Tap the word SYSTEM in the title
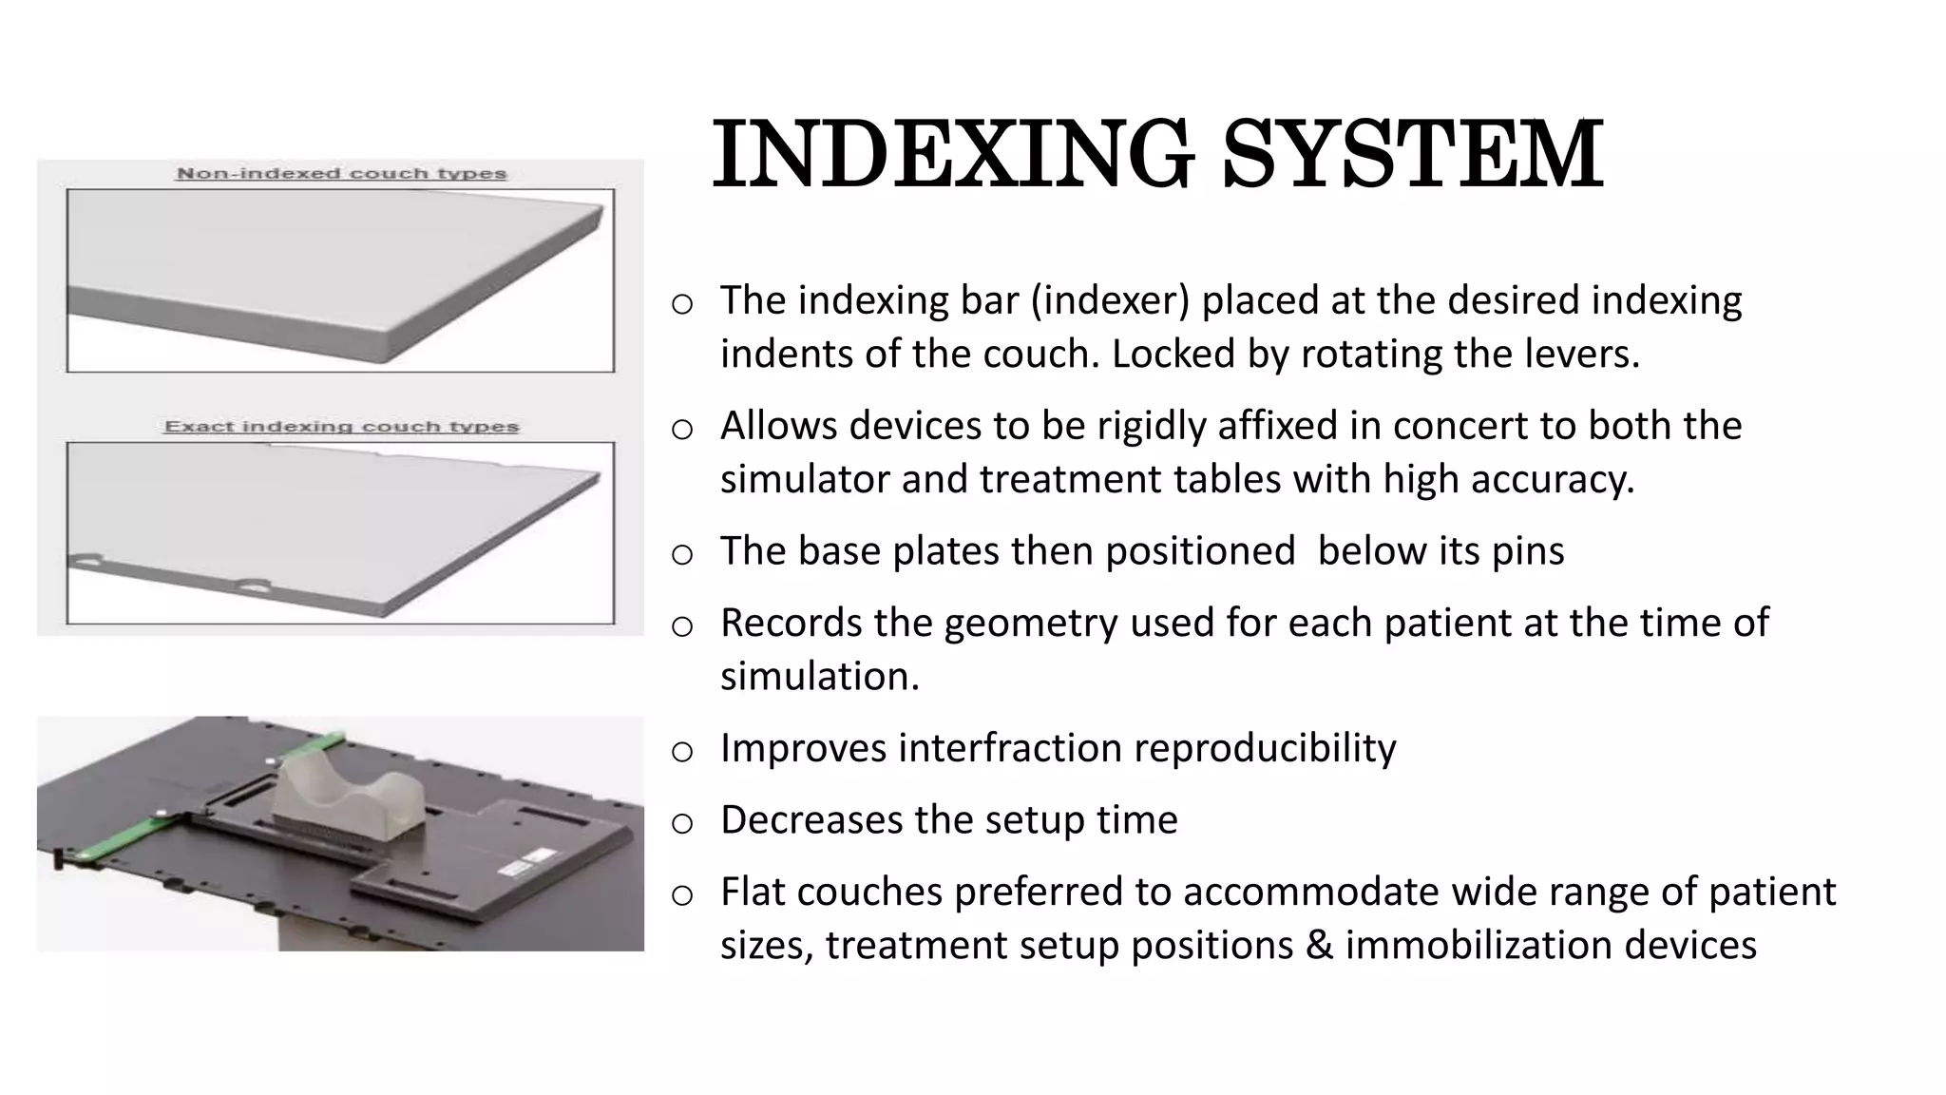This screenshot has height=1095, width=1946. tap(1413, 154)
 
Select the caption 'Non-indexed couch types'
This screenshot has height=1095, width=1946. tap(342, 174)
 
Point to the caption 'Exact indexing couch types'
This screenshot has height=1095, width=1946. tap(342, 427)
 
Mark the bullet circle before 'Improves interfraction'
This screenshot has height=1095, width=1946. tap(681, 752)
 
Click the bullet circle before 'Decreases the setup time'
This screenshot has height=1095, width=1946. tap(681, 824)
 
